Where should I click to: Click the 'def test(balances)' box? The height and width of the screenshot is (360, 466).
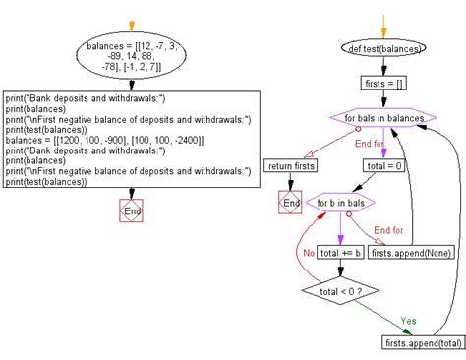coord(383,48)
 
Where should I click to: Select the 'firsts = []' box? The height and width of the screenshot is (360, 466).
coord(383,84)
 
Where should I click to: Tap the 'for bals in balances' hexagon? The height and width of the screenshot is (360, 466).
coord(384,119)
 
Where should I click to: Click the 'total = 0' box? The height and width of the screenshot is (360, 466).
coord(384,167)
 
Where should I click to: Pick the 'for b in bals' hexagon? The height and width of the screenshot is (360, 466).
coord(340,203)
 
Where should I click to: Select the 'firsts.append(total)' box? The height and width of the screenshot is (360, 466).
coord(421,341)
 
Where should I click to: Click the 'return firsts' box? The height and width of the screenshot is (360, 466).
coord(291,167)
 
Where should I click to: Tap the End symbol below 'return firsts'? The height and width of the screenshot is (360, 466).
coord(291,203)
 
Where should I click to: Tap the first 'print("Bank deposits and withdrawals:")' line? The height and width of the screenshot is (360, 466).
coord(85,97)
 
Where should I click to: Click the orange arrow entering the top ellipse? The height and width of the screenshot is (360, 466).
coord(131,22)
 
